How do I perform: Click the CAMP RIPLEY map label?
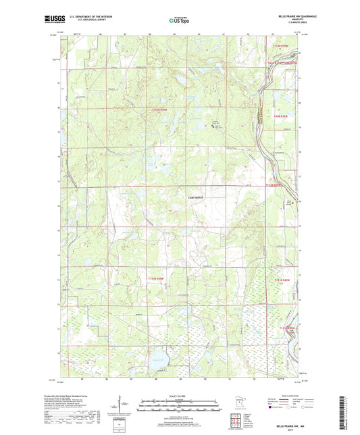pyautogui.click(x=195, y=198)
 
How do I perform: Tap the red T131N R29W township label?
pyautogui.click(x=282, y=278)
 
